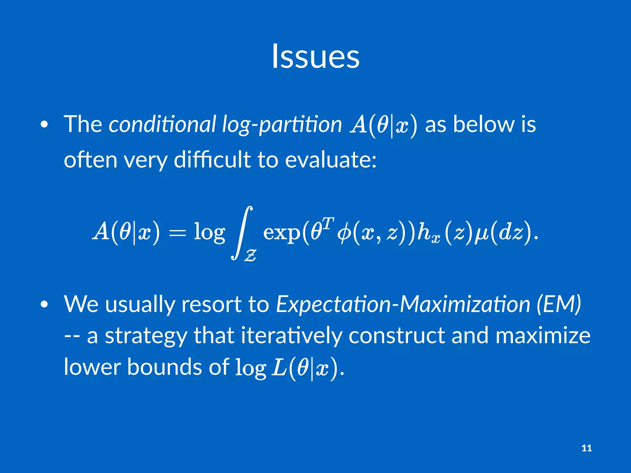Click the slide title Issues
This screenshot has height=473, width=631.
315,56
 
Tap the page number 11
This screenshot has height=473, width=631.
586,448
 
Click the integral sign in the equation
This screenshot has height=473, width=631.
242,233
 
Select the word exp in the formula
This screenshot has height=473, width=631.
282,233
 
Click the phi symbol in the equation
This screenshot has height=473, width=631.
344,233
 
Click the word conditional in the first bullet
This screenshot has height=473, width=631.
162,124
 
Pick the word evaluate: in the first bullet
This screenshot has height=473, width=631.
330,160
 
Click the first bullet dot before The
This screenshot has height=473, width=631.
44,125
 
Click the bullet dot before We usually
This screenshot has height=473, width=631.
44,305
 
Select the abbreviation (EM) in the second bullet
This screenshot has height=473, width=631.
558,304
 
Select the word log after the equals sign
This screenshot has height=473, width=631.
209,233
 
